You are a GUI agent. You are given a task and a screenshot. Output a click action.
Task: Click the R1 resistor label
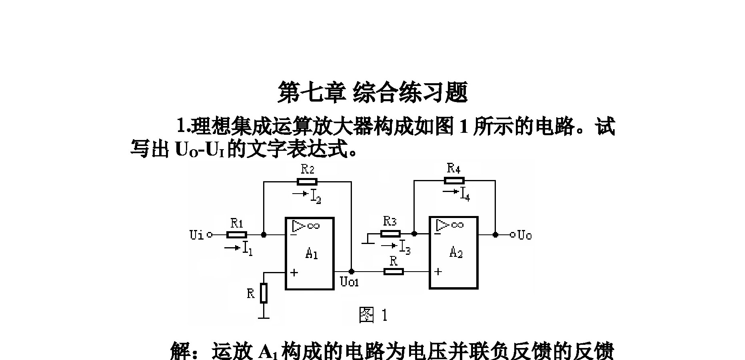click(x=237, y=223)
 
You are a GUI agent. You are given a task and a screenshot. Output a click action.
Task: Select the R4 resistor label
click(x=453, y=168)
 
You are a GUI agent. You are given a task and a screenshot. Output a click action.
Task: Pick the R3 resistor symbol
click(x=390, y=234)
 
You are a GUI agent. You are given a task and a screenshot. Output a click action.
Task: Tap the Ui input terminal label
click(x=196, y=235)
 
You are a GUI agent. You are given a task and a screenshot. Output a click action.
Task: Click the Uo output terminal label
click(x=525, y=235)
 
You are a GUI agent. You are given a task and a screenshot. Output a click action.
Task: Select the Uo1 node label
click(x=349, y=282)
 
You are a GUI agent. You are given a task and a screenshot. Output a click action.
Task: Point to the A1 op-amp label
click(x=312, y=253)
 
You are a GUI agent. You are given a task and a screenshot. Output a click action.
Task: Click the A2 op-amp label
click(x=456, y=252)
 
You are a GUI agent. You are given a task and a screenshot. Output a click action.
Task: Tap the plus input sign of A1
click(x=294, y=273)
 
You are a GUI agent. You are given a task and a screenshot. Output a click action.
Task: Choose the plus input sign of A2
click(x=438, y=272)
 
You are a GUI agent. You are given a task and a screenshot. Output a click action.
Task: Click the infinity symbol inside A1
click(x=314, y=226)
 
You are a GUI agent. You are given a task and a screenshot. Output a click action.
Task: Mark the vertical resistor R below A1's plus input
click(x=264, y=293)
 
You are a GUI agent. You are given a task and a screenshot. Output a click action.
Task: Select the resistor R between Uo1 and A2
click(x=393, y=272)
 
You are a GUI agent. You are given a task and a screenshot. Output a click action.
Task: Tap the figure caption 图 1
click(x=373, y=315)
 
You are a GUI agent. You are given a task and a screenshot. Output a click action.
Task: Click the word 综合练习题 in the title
click(x=411, y=92)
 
